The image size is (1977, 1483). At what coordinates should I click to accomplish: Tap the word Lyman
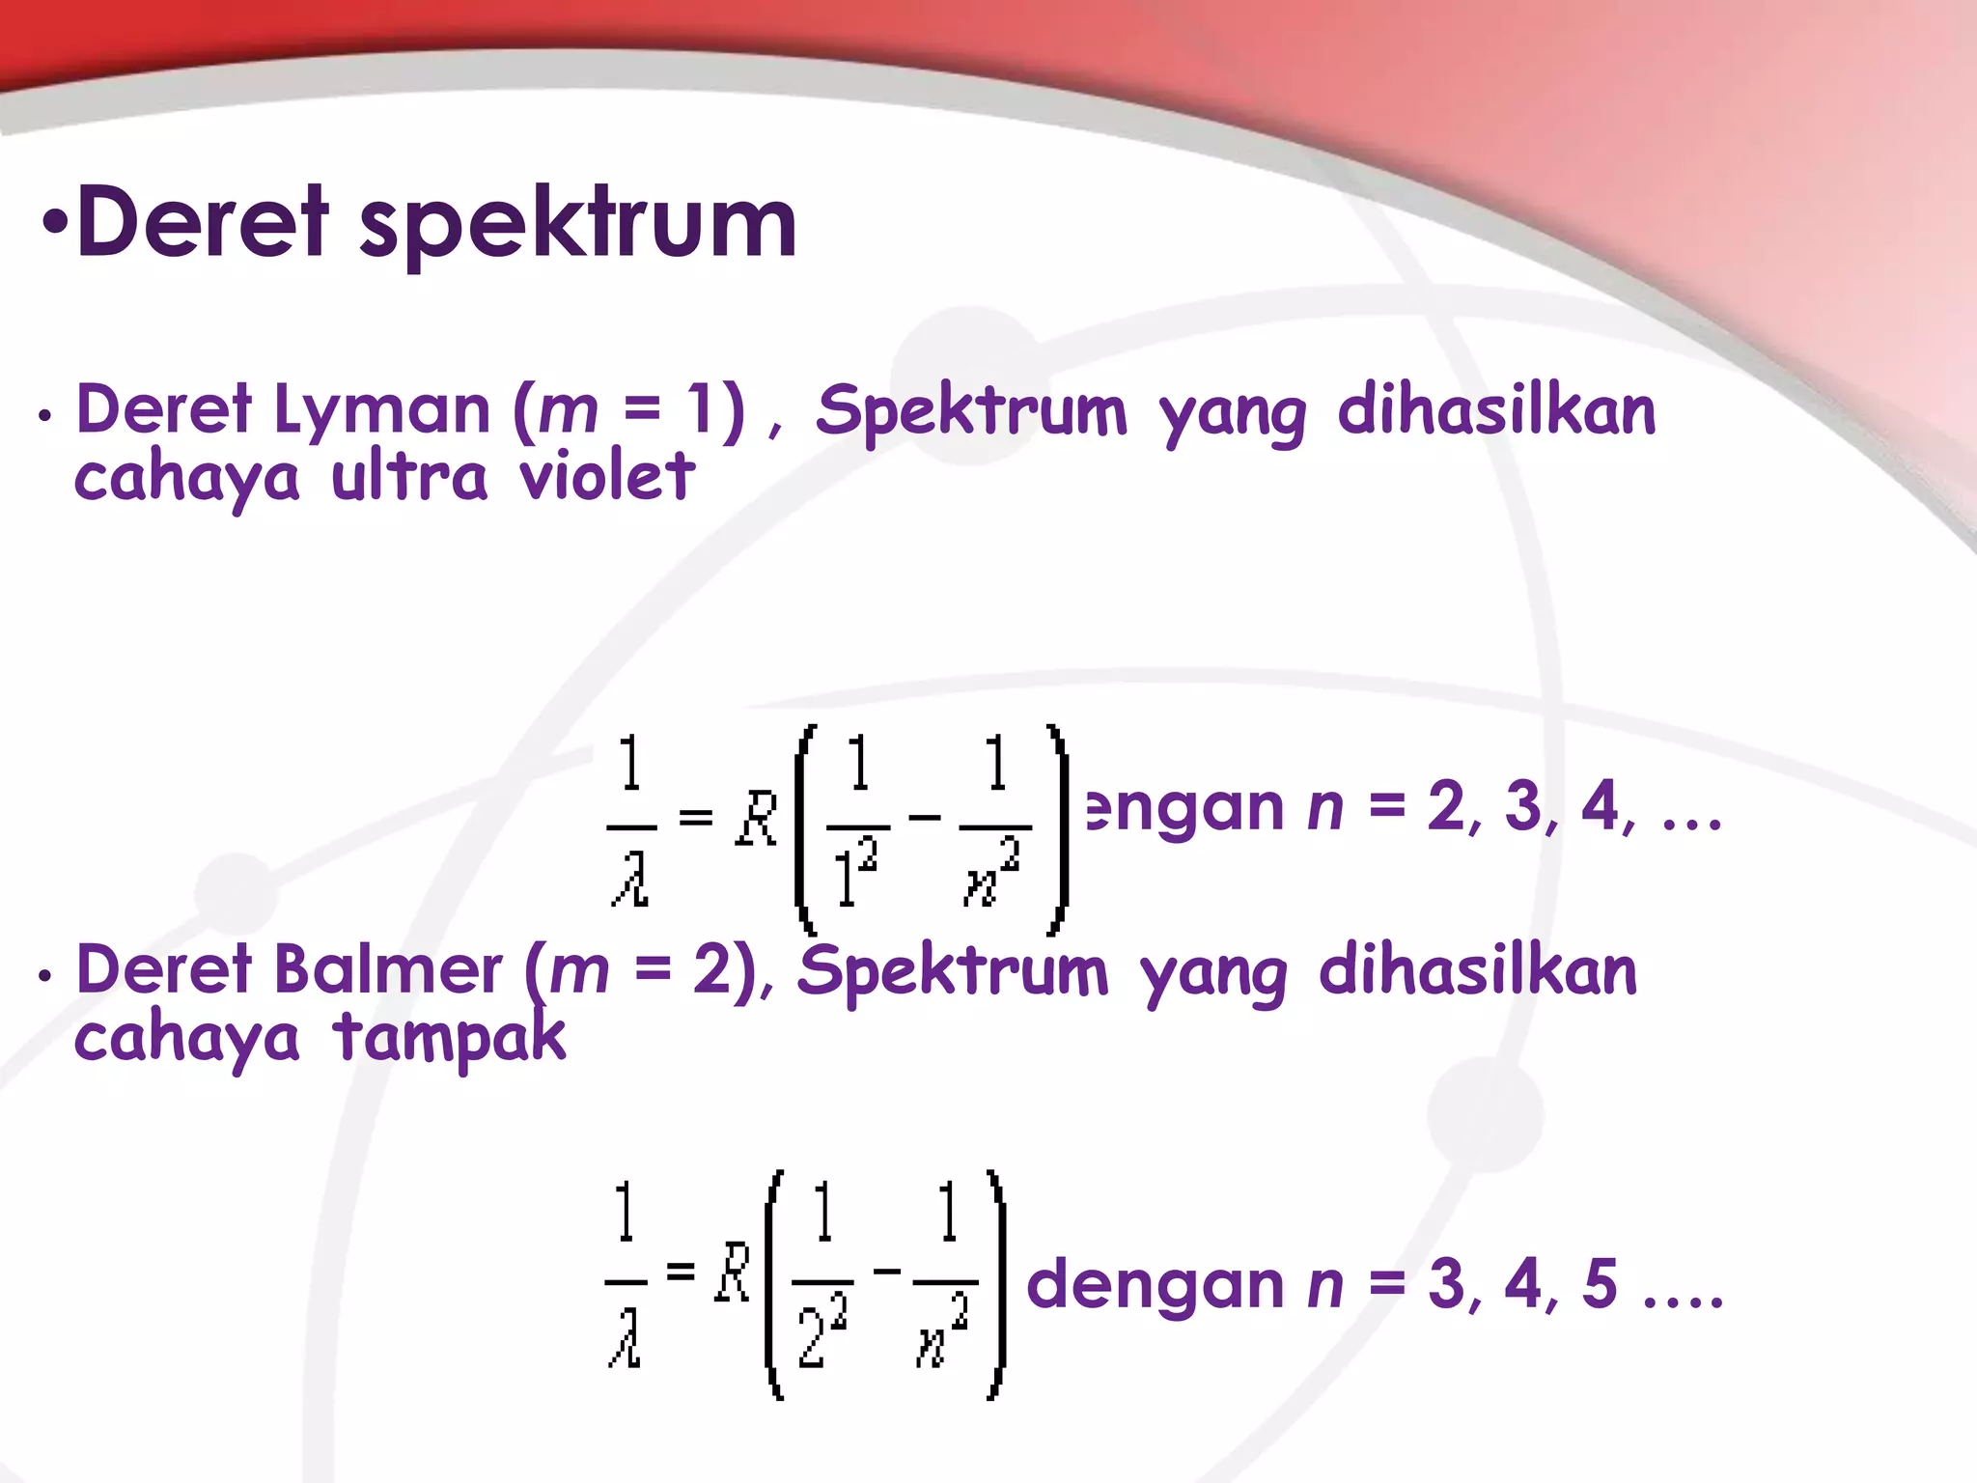382,411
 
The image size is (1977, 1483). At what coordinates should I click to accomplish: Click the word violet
607,476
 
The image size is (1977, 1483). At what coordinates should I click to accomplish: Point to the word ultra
409,476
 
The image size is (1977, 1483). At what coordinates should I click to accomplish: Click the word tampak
450,1038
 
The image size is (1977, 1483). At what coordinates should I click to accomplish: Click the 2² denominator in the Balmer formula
822,1331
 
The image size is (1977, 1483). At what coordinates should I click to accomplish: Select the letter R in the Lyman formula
757,819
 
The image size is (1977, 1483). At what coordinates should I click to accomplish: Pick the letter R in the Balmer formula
733,1273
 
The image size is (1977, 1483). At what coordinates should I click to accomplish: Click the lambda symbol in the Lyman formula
631,878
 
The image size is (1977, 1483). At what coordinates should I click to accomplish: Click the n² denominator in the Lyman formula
992,872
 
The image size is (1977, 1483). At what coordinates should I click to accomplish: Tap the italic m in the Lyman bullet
569,411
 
